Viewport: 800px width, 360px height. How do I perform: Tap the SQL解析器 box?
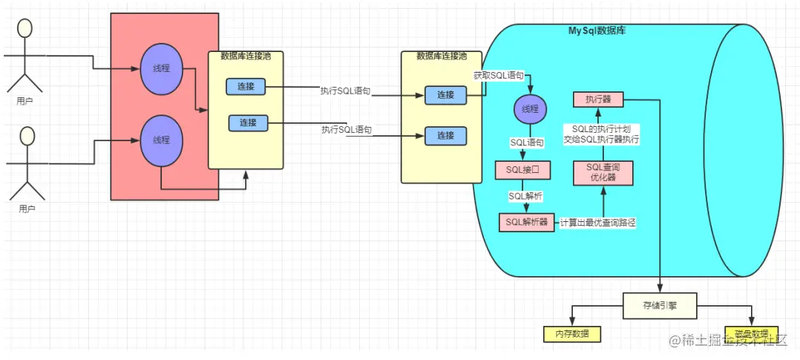[x=526, y=222]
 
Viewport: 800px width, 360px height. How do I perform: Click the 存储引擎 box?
[x=660, y=304]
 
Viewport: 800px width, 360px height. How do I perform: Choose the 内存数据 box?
[x=572, y=334]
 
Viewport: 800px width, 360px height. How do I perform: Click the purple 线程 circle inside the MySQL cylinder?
[x=530, y=109]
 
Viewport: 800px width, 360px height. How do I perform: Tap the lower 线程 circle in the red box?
[x=161, y=140]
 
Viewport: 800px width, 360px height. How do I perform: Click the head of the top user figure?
[x=25, y=27]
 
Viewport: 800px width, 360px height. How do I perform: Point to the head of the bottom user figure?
[x=28, y=136]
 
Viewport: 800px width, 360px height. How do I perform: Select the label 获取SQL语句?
[x=499, y=76]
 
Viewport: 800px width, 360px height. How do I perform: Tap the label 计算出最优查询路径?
[x=599, y=222]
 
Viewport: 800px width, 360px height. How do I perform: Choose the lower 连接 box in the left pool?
[x=246, y=122]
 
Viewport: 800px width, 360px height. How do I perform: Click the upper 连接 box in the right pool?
[x=445, y=95]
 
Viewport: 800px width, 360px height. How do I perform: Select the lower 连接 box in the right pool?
[x=445, y=136]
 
